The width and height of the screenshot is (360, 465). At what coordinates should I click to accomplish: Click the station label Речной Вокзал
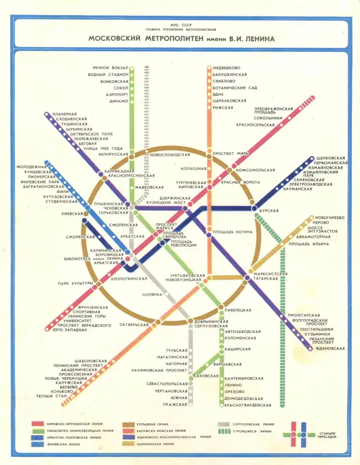point(110,68)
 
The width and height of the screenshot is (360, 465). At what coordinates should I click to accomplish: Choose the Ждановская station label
point(331,348)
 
